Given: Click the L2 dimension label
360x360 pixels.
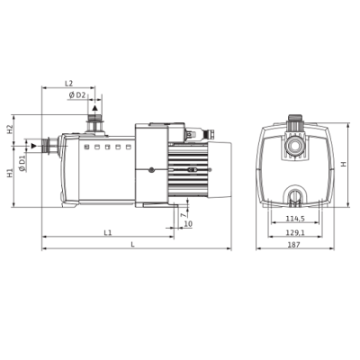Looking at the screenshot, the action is point(69,84).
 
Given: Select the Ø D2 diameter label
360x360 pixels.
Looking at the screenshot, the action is point(77,95).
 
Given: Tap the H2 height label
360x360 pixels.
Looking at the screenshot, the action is point(11,130).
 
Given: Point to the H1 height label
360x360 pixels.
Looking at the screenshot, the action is point(11,173).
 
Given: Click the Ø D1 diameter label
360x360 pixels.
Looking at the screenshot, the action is point(22,163).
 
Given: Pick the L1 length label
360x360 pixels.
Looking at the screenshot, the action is point(108,232).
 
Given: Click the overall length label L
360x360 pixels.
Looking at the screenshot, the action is point(133,245).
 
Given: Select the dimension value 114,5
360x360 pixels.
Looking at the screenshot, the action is point(295,219).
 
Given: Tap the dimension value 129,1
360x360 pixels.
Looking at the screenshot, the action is point(295,232).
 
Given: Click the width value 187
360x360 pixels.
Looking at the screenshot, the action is point(294,245).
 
